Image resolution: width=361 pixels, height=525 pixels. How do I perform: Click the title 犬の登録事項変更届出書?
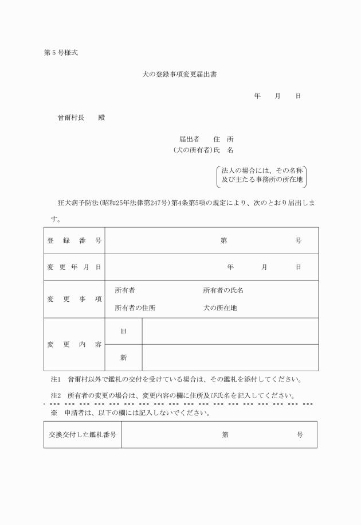179,75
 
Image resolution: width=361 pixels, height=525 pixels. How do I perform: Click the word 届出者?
189,139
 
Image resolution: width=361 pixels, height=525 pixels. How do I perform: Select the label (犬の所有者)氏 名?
203,150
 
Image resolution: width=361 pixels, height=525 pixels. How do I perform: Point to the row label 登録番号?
74,240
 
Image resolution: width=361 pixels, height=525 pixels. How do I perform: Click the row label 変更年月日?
74,267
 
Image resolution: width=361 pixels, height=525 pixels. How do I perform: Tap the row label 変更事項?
74,299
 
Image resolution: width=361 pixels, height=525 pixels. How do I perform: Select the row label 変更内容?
74,344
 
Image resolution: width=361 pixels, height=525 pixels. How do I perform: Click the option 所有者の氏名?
223,290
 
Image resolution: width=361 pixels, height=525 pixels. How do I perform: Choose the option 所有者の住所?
135,308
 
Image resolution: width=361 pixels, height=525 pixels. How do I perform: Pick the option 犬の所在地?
220,308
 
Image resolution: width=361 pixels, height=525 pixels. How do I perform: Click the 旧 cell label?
124,331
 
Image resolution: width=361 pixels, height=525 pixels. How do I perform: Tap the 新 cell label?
124,357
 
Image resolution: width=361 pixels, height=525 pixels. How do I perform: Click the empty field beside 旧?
230,331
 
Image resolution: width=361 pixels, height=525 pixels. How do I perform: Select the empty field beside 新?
230,357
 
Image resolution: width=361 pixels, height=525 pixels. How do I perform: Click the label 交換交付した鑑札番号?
83,435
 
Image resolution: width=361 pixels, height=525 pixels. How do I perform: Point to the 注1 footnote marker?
56,379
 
